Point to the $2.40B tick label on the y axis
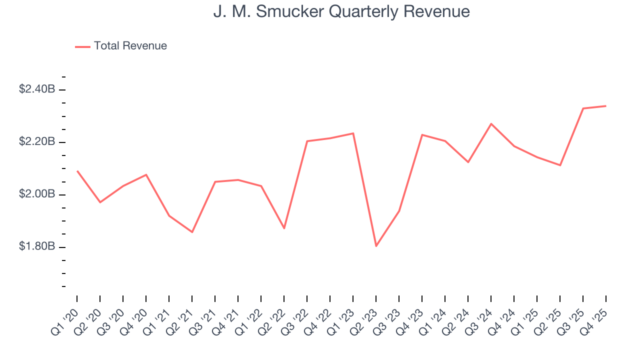[x=37, y=89]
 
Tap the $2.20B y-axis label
[x=37, y=142]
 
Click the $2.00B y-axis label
[x=37, y=194]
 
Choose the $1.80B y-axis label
[x=37, y=247]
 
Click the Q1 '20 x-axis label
[x=65, y=320]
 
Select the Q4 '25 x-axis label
[x=594, y=320]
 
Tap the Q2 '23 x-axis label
[x=364, y=320]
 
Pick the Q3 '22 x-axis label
[x=295, y=320]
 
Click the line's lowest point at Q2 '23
[x=376, y=246]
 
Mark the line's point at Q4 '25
[x=606, y=106]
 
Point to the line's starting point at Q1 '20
[x=77, y=171]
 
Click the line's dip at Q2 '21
[x=192, y=232]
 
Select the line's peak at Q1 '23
[x=353, y=133]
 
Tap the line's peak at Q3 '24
[x=491, y=123]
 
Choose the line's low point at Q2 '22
[x=284, y=228]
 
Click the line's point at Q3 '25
[x=583, y=108]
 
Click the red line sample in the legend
[x=82, y=46]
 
